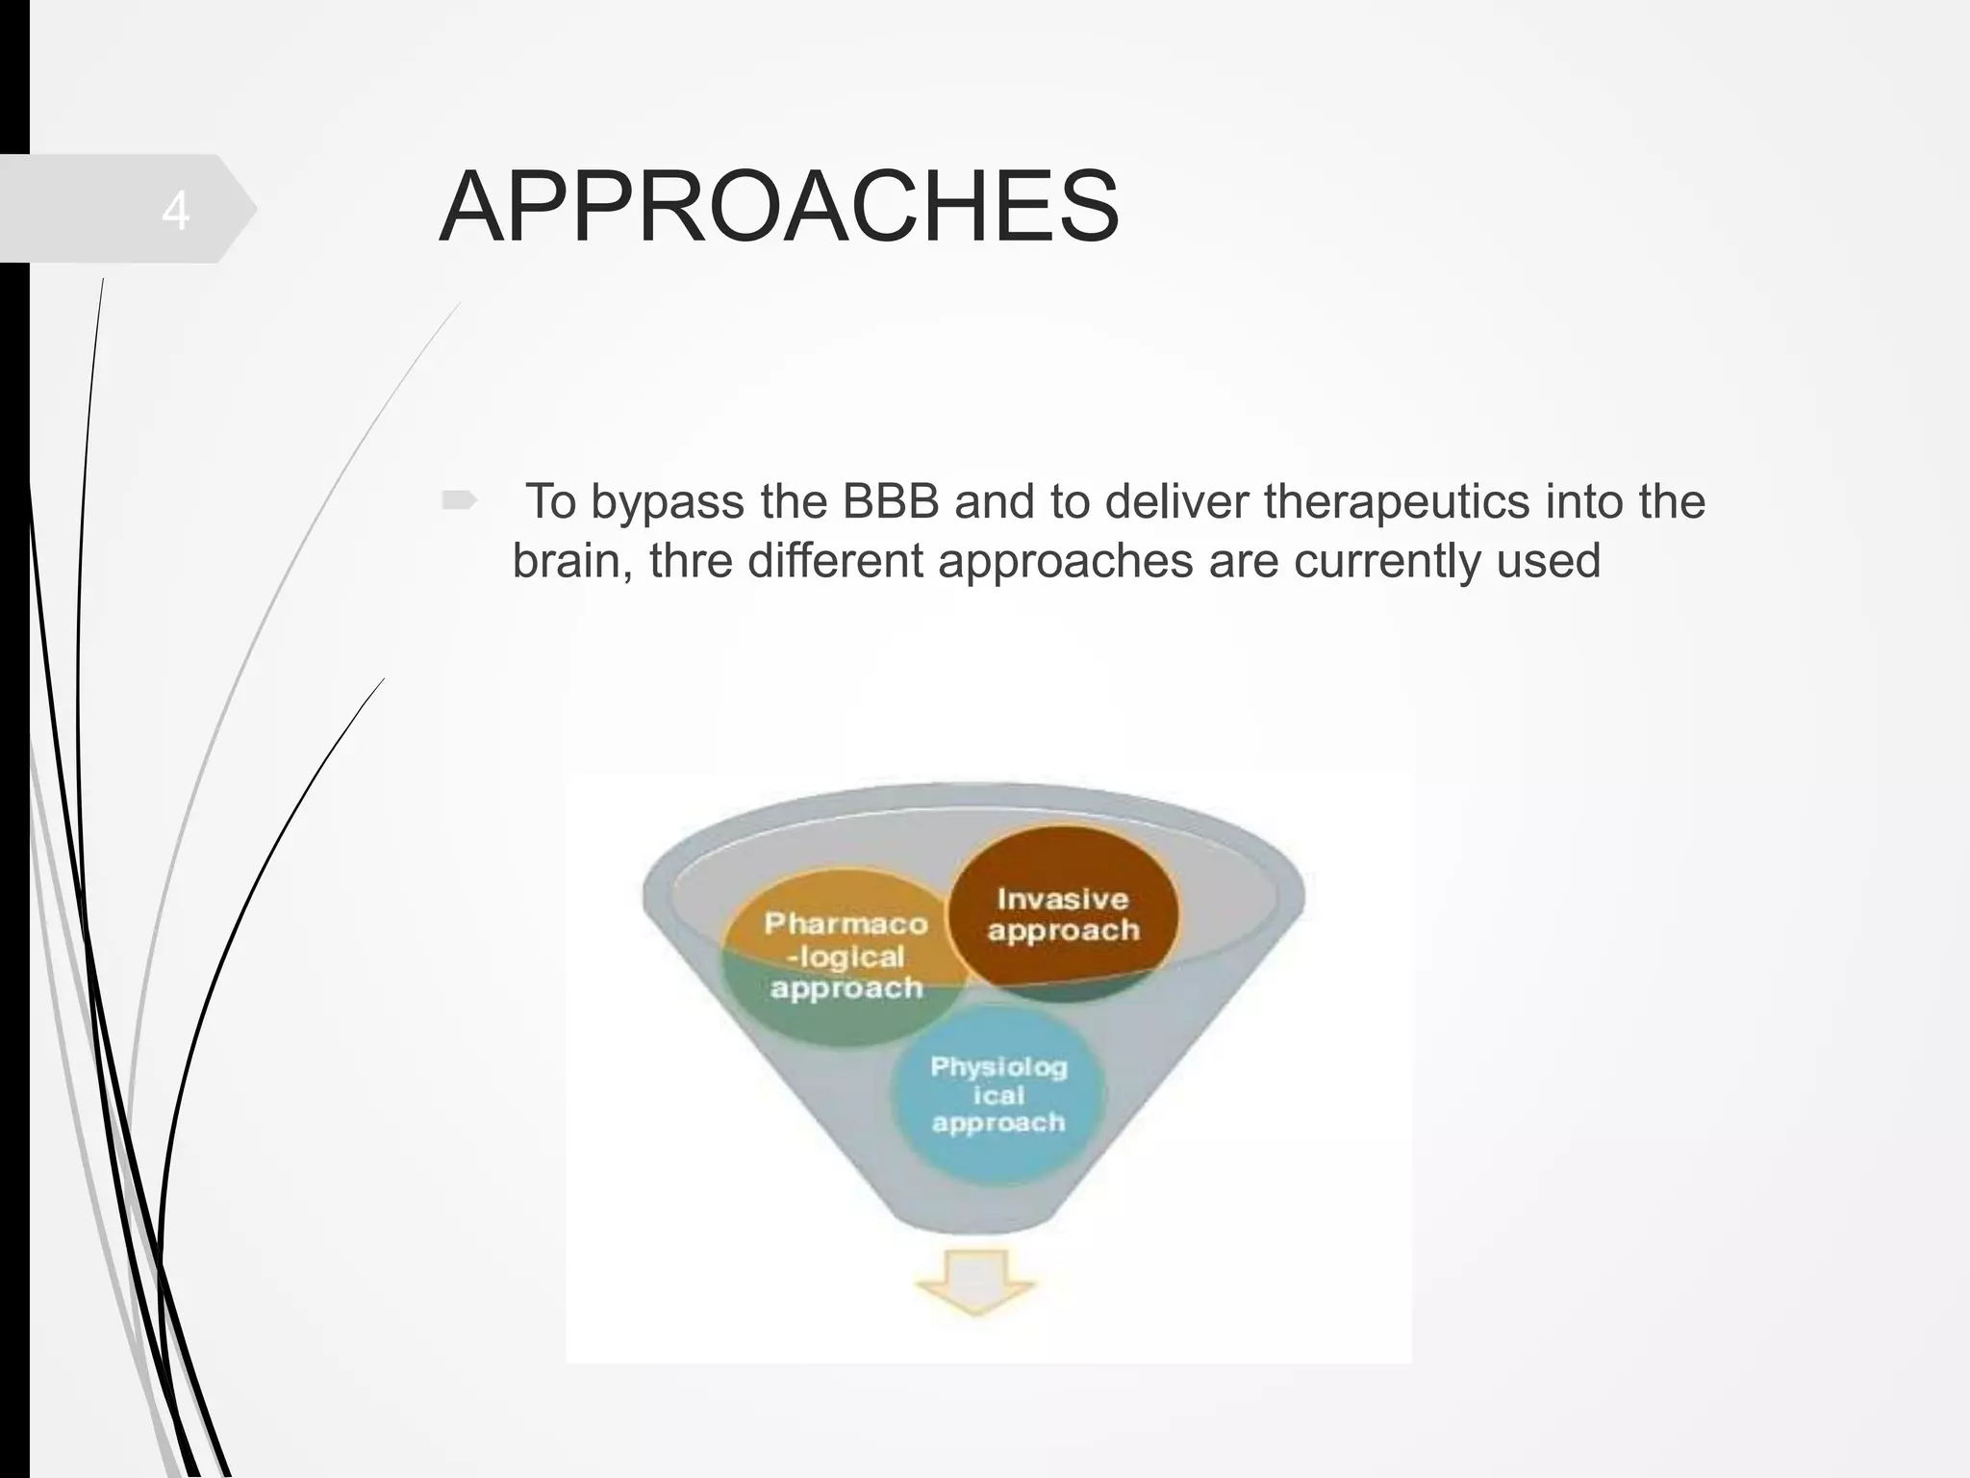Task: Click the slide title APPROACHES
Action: pyautogui.click(x=779, y=208)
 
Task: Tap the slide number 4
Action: pyautogui.click(x=175, y=211)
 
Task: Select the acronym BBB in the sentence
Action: pyautogui.click(x=891, y=501)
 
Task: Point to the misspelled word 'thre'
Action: pyautogui.click(x=691, y=560)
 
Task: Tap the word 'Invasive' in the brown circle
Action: pyautogui.click(x=1062, y=899)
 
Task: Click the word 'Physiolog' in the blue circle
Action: pyautogui.click(x=998, y=1067)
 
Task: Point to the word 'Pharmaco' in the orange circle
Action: pyautogui.click(x=846, y=924)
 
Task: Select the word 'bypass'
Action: pyautogui.click(x=667, y=501)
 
